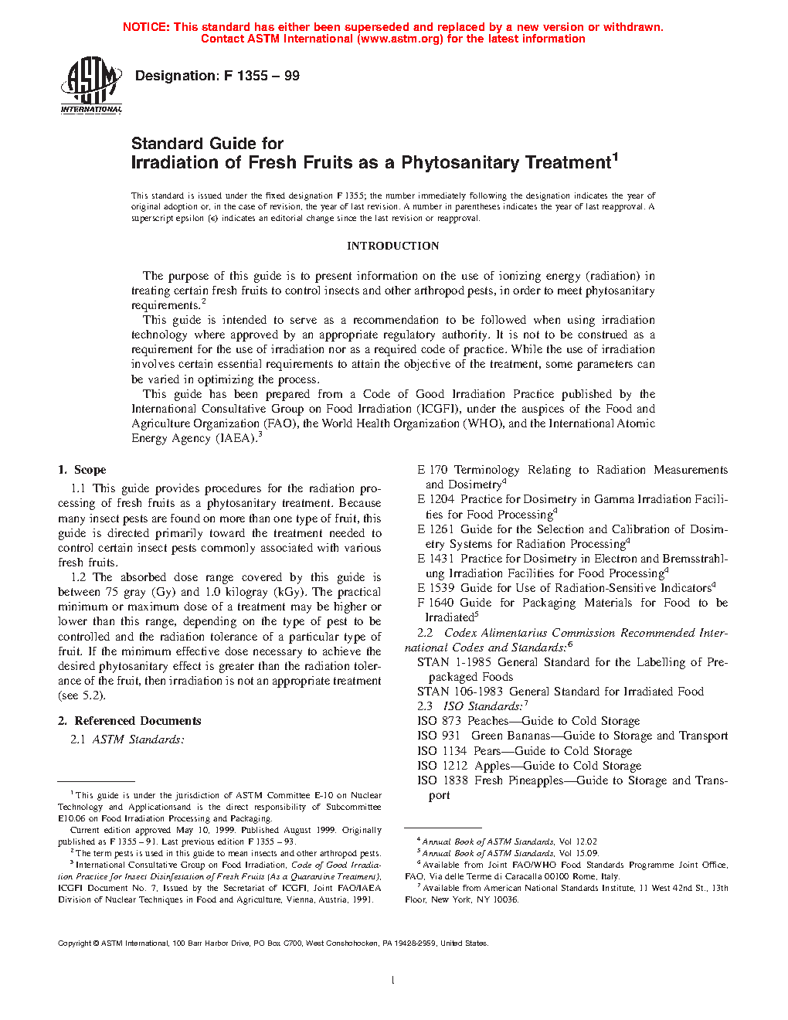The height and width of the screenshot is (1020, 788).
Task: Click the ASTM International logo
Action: click(91, 85)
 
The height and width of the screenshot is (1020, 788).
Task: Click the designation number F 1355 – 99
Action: click(262, 76)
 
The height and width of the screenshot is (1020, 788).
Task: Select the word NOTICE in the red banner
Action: click(146, 27)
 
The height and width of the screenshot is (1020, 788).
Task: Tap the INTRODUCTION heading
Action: click(392, 246)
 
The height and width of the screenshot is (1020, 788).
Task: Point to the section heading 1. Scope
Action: click(82, 470)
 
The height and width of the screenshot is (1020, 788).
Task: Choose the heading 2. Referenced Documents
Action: click(129, 721)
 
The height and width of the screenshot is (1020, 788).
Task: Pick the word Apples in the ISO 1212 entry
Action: click(492, 766)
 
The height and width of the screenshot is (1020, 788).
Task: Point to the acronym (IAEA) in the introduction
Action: click(235, 438)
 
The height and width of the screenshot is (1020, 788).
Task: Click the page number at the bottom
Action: click(393, 981)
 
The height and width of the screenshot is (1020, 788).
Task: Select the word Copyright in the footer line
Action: click(75, 943)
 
